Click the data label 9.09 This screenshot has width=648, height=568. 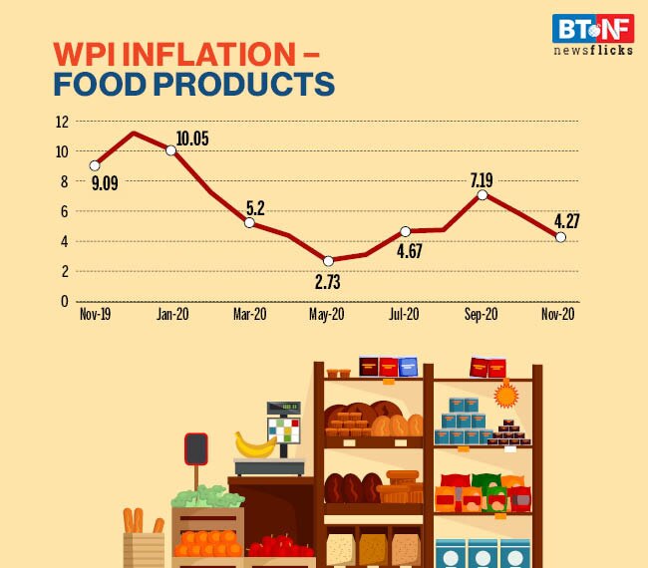pyautogui.click(x=105, y=183)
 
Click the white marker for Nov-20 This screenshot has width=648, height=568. pyautogui.click(x=560, y=237)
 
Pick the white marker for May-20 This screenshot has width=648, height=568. pyautogui.click(x=327, y=261)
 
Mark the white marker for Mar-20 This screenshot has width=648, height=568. pyautogui.click(x=249, y=222)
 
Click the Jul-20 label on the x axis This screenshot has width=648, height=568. pyautogui.click(x=404, y=314)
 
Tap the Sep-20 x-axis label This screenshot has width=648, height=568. pyautogui.click(x=482, y=314)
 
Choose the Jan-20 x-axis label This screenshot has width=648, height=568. pyautogui.click(x=171, y=314)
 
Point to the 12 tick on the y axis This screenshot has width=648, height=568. pyautogui.click(x=61, y=122)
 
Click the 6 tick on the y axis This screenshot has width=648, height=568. pyautogui.click(x=64, y=211)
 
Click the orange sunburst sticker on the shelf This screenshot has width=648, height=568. pyautogui.click(x=506, y=397)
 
